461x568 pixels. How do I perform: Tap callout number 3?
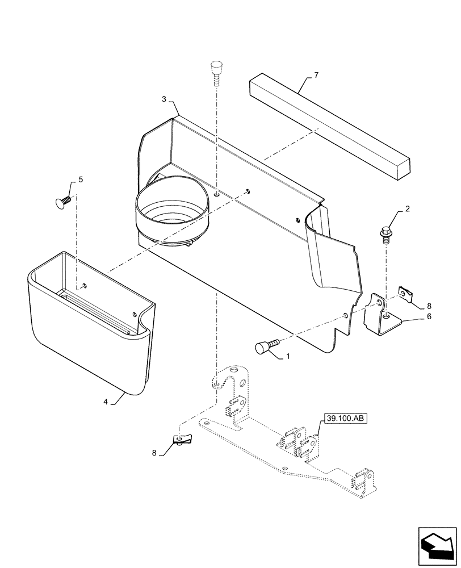(x=164, y=99)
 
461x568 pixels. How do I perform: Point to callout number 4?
(x=106, y=402)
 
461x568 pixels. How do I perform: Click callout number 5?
(x=80, y=179)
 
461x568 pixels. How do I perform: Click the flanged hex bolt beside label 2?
(x=385, y=234)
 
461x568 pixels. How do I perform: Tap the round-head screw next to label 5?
(x=61, y=201)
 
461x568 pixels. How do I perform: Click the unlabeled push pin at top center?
(x=216, y=72)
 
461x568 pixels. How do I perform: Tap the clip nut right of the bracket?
(x=405, y=294)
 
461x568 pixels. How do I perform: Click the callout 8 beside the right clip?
(x=429, y=304)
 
